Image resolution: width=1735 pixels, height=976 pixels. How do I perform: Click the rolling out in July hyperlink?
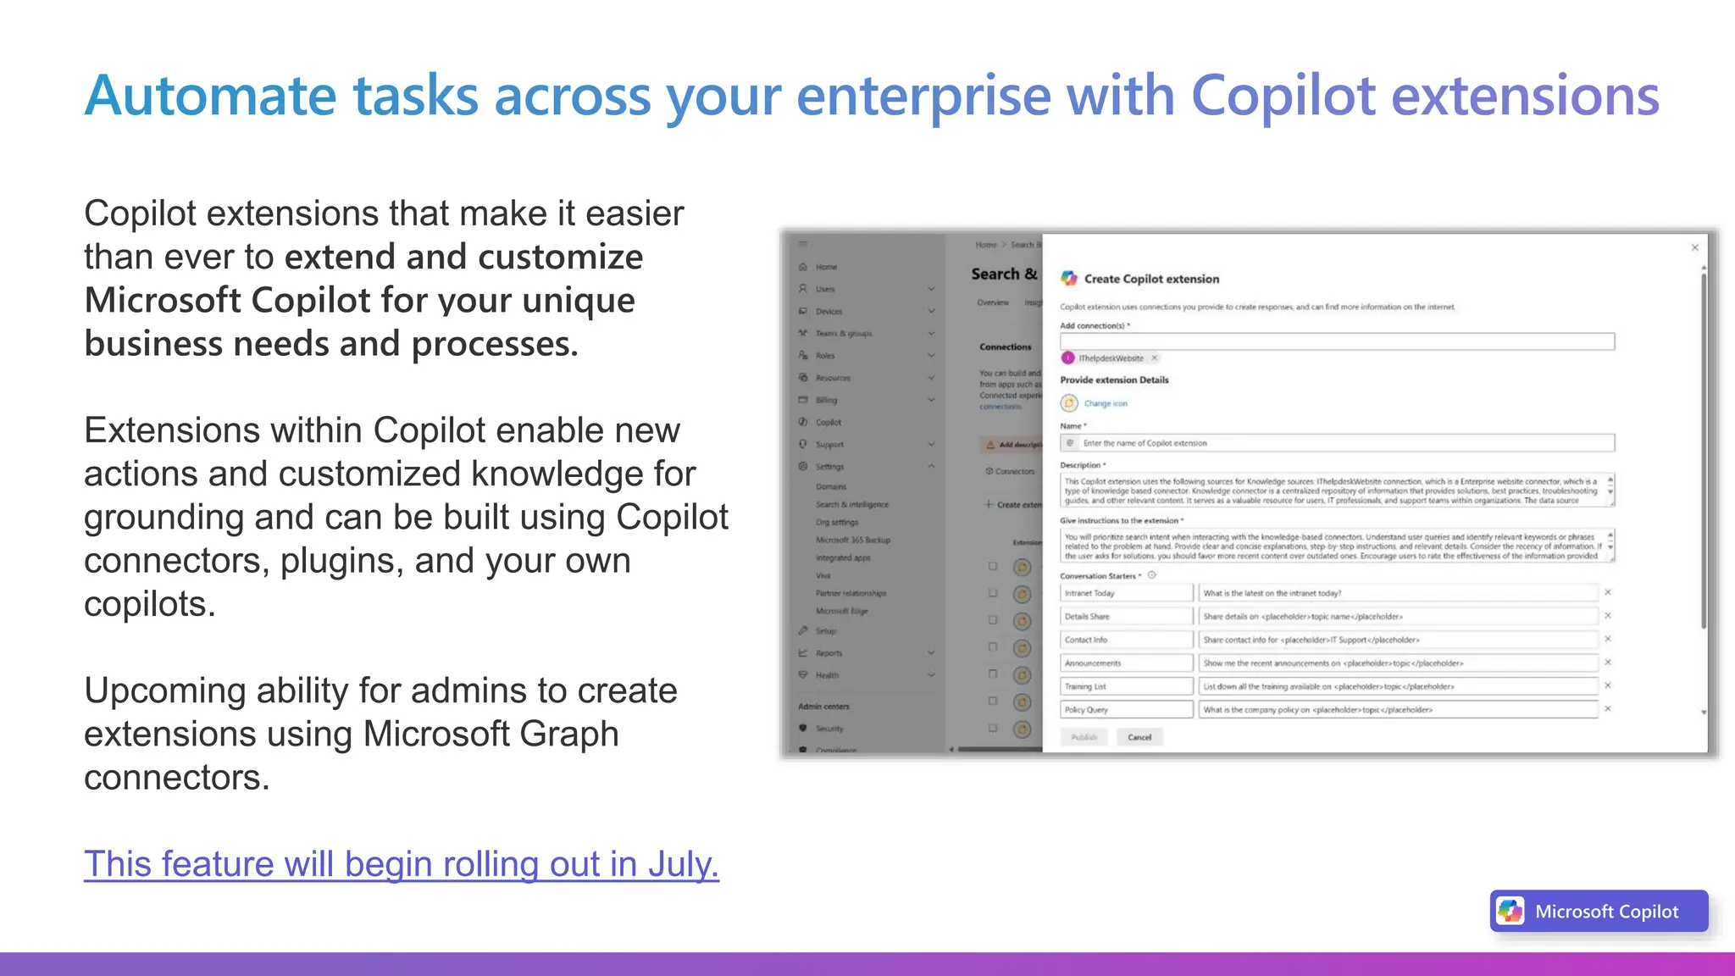pyautogui.click(x=401, y=864)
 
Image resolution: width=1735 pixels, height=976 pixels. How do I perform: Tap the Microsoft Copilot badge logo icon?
pyautogui.click(x=1511, y=912)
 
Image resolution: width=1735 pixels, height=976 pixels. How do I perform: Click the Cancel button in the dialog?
pyautogui.click(x=1139, y=737)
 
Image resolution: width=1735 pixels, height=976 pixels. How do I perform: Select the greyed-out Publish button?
pyautogui.click(x=1084, y=737)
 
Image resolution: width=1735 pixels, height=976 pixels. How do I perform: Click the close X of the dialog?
pyautogui.click(x=1695, y=247)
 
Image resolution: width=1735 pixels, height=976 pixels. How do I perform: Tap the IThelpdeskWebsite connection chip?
pyautogui.click(x=1110, y=358)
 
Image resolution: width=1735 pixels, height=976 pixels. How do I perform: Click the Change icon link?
pyautogui.click(x=1106, y=403)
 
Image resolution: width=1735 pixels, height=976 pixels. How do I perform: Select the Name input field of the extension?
pyautogui.click(x=1337, y=443)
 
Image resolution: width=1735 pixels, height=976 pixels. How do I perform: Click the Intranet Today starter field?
pyautogui.click(x=1126, y=593)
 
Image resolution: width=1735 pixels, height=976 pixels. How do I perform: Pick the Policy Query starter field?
pyautogui.click(x=1126, y=710)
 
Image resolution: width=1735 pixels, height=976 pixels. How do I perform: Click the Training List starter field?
pyautogui.click(x=1126, y=686)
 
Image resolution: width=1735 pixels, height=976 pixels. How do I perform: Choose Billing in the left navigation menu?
pyautogui.click(x=826, y=400)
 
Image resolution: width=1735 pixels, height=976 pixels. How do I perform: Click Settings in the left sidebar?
pyautogui.click(x=829, y=467)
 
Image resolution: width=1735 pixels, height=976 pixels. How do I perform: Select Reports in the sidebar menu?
pyautogui.click(x=829, y=653)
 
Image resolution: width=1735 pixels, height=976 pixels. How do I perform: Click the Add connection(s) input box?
pyautogui.click(x=1337, y=341)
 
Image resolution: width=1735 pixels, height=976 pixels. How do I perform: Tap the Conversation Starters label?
pyautogui.click(x=1098, y=576)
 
